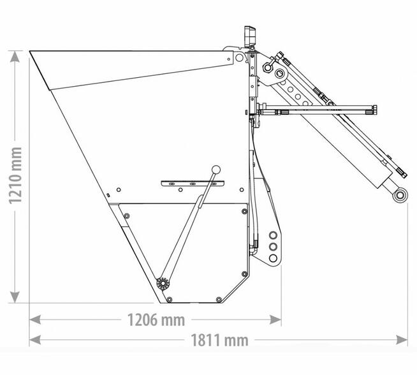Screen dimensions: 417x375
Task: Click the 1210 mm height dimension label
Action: click(x=15, y=176)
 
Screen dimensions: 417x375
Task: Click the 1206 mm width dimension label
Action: click(x=156, y=320)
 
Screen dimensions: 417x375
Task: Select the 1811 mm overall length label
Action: click(x=220, y=340)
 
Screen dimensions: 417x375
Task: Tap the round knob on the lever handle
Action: click(x=216, y=170)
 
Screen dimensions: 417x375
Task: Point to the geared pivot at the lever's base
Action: click(x=163, y=283)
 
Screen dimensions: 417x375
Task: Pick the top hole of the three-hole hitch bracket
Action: click(x=273, y=235)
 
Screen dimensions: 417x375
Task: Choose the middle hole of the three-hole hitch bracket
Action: click(x=273, y=247)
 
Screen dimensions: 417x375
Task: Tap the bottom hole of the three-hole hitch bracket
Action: click(x=273, y=258)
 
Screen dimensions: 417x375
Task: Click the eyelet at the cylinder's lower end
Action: click(x=400, y=195)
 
